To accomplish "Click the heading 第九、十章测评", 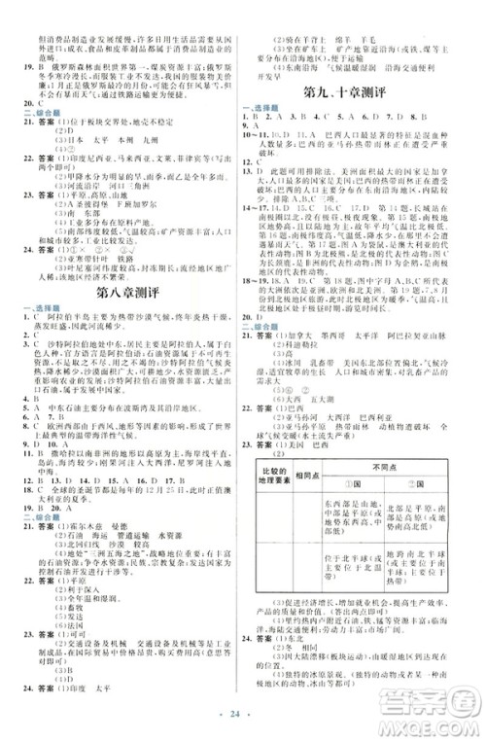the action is tap(364, 92).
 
